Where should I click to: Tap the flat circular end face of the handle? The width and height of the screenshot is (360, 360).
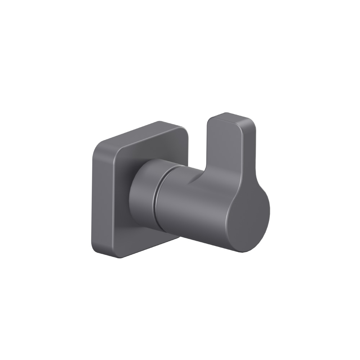(248, 223)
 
